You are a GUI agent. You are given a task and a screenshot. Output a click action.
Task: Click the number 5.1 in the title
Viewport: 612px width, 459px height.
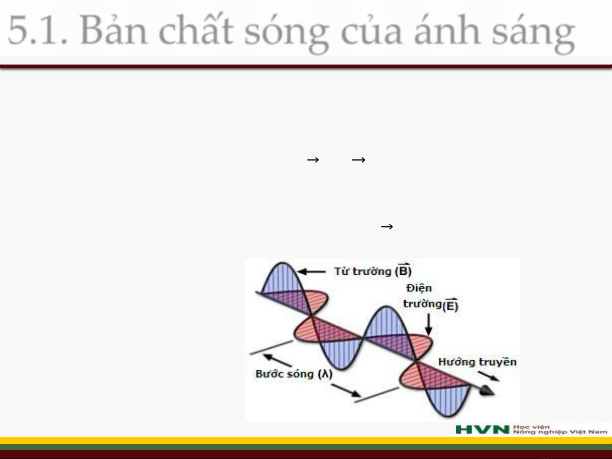[x=37, y=29]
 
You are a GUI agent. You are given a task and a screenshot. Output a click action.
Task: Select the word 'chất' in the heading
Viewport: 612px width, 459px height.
[x=196, y=29]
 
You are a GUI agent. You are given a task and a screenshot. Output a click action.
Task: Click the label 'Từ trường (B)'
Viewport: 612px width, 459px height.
[x=373, y=270]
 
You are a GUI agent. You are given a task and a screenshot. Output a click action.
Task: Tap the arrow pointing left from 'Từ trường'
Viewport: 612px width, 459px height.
[x=311, y=271]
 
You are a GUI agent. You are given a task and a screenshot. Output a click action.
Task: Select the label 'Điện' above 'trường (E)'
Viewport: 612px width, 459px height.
[x=419, y=288]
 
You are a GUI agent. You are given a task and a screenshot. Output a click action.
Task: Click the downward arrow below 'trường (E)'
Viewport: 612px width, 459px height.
[x=429, y=324]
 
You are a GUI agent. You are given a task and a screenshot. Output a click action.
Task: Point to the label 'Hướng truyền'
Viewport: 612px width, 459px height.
[x=477, y=362]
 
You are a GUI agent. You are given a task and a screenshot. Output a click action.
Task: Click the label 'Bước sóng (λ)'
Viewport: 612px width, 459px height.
[x=294, y=374]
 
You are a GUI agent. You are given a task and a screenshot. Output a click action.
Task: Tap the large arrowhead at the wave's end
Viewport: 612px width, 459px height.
[x=487, y=390]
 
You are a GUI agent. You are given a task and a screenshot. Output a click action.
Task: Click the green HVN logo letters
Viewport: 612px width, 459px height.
[x=482, y=429]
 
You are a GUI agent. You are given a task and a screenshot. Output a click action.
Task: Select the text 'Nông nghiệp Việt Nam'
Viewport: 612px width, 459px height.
[x=560, y=432]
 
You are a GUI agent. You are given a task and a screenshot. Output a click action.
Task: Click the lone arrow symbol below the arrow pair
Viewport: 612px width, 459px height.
[x=387, y=227]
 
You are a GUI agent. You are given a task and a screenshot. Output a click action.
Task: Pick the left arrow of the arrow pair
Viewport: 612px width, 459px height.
[x=313, y=160]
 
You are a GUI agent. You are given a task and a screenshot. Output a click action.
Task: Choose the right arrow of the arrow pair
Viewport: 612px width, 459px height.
[x=358, y=160]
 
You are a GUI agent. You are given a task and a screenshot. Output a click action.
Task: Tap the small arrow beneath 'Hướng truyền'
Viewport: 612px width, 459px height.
[x=488, y=376]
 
